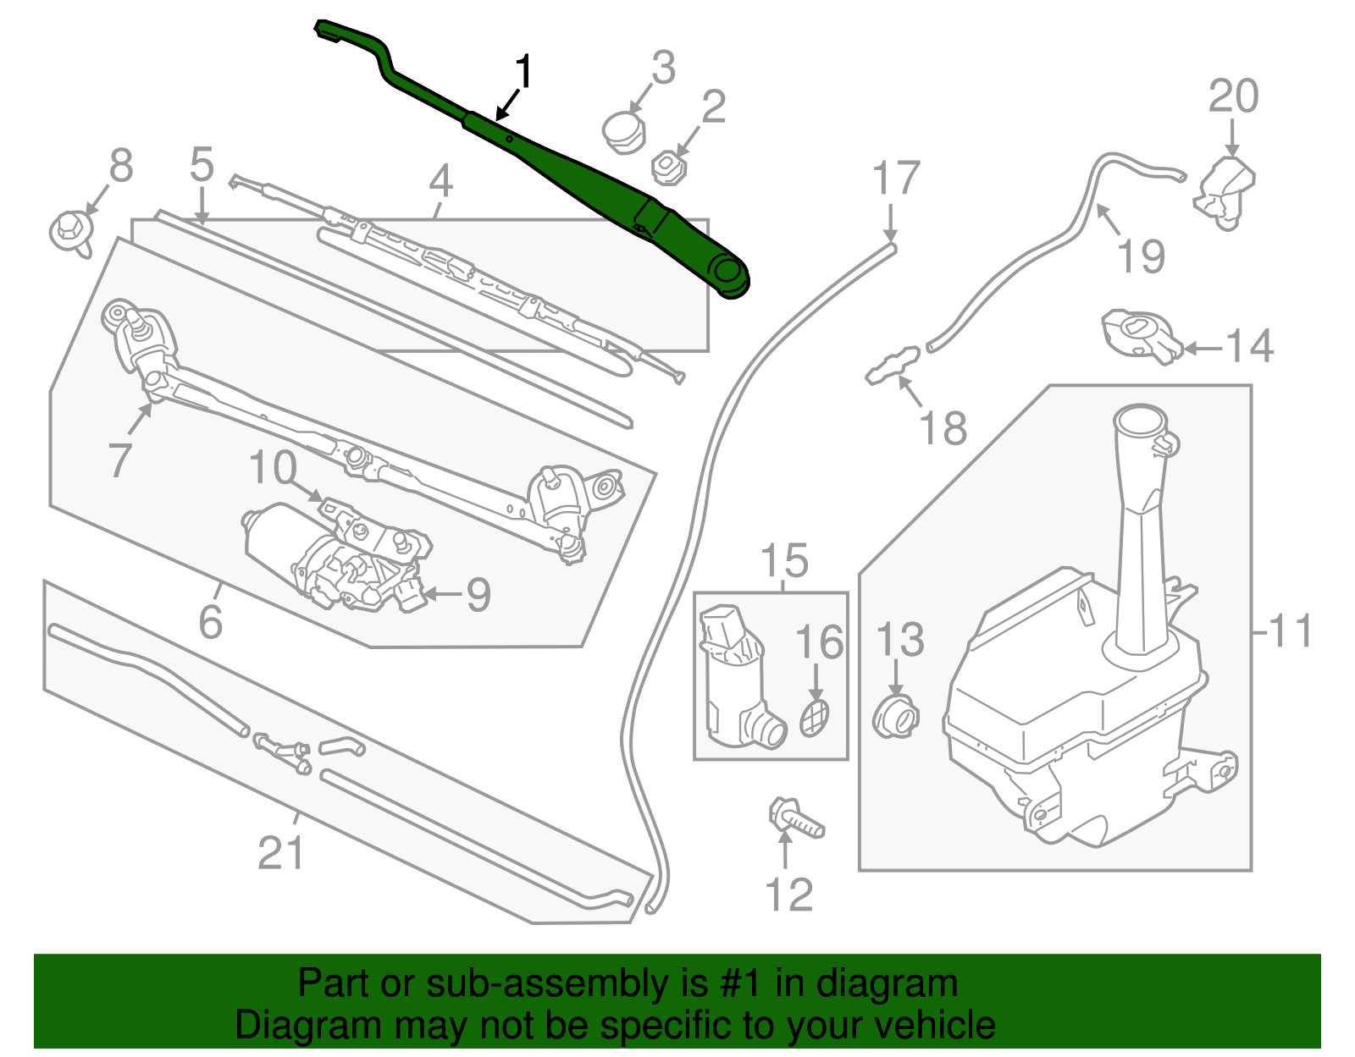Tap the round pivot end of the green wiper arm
(x=728, y=273)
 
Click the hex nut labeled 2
(x=669, y=166)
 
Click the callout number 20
(x=1233, y=96)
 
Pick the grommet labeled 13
(x=895, y=718)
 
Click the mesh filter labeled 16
(x=815, y=718)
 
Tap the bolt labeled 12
(x=795, y=818)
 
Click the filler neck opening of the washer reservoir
(x=1141, y=419)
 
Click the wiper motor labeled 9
(x=339, y=559)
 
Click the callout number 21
(x=280, y=852)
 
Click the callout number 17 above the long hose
(x=896, y=179)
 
